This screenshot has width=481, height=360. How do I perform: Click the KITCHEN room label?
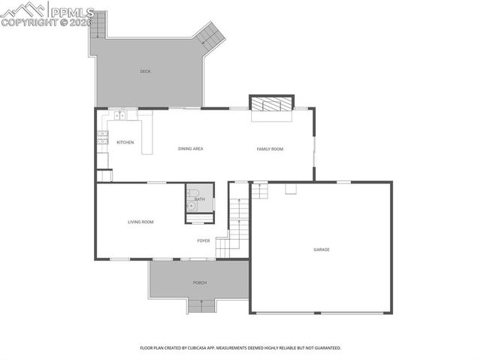125,143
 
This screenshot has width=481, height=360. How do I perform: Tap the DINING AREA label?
190,149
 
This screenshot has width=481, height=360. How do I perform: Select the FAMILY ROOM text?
270,149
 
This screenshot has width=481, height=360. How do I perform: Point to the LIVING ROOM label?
141,222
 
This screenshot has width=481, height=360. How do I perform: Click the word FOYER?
204,241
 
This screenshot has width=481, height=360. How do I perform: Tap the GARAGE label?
322,250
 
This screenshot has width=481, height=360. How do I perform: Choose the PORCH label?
199,283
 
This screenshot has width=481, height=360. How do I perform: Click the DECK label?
145,71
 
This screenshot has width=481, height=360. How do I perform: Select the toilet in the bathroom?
192,192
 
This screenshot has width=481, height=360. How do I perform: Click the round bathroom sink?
191,204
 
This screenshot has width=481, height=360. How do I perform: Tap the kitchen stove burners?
103,138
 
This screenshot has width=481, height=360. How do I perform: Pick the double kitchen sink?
119,116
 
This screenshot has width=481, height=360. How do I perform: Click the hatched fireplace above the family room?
271,103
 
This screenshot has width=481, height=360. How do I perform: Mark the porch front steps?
201,306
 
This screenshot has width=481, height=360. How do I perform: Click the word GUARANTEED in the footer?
324,348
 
